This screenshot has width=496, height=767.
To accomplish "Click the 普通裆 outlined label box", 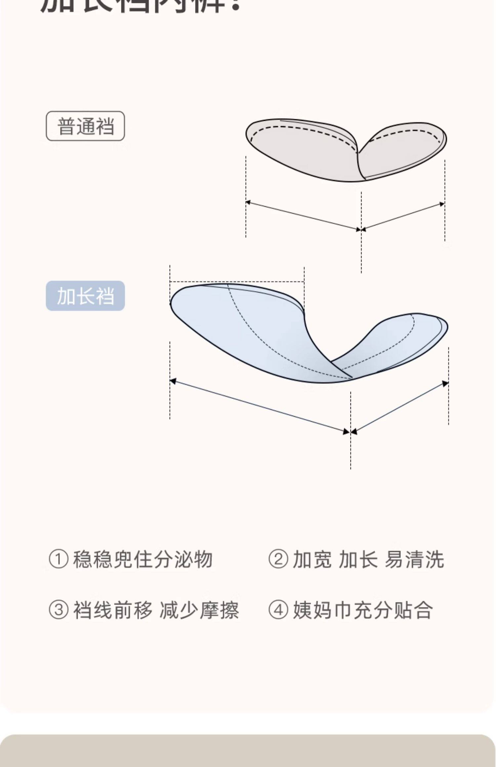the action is coord(85,126).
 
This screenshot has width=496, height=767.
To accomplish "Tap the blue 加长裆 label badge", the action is coord(85,296).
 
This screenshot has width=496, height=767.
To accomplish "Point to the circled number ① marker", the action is coord(59,560).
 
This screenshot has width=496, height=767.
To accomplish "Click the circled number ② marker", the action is coord(278,560).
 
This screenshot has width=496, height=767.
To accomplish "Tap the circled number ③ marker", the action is coord(59,610).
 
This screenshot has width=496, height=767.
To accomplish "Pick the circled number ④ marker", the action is coord(278,610).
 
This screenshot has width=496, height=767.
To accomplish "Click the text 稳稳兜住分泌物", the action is coord(143,560).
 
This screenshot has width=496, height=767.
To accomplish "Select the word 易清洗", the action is coord(414,560).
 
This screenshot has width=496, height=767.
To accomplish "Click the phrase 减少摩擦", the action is coord(199,610).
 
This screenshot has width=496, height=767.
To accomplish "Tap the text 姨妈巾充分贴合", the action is coord(363,610).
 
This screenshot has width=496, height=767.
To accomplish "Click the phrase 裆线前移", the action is coord(113,610).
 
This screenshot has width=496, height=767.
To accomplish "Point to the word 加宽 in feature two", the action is coord(312,560).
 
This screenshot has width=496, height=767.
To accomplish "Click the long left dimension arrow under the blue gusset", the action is coord(260,406).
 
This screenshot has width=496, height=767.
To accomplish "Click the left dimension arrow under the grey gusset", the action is coord(303,215).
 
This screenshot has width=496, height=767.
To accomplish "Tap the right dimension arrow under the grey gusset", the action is coord(403,216).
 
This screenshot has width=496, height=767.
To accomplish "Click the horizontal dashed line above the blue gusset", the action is coord(237,282).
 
